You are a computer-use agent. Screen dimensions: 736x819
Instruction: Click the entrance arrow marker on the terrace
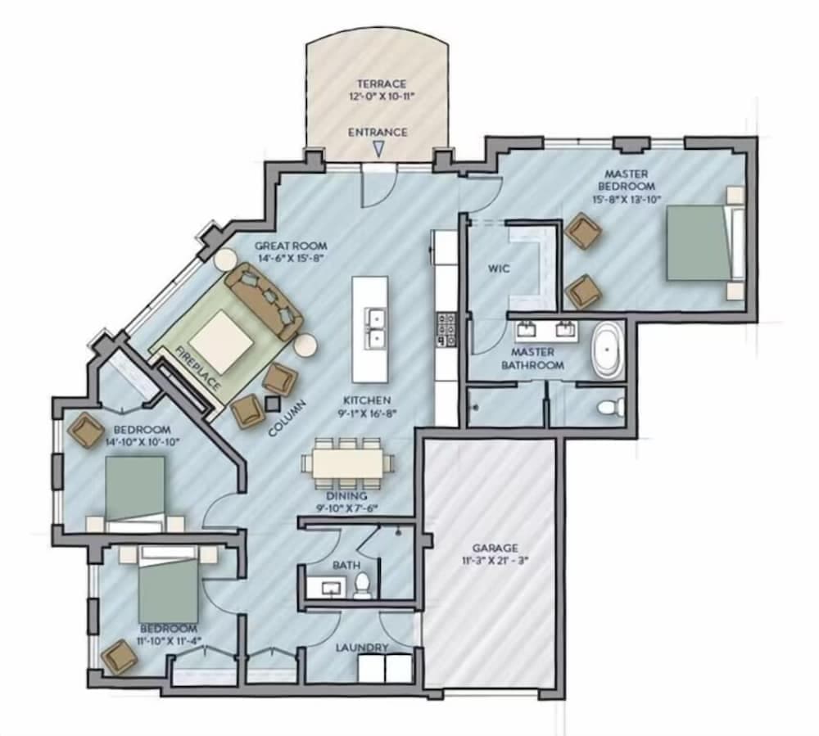(378, 149)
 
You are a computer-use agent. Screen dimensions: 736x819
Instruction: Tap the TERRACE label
(381, 84)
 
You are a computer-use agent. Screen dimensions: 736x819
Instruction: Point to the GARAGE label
(495, 548)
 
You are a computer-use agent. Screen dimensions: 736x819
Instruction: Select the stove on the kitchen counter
(446, 328)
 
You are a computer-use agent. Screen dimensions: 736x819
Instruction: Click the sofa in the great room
(263, 300)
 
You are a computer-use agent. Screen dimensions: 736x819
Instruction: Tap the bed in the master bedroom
(698, 242)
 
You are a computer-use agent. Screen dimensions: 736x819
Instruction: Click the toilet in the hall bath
(362, 585)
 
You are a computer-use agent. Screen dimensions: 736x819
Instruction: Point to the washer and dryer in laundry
(384, 668)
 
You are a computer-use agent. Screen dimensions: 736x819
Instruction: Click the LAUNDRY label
(361, 648)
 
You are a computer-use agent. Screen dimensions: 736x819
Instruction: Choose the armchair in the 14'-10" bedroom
(86, 431)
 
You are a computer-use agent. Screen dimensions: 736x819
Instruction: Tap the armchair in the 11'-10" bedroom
(119, 657)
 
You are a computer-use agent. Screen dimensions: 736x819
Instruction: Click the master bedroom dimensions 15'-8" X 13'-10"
(627, 198)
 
